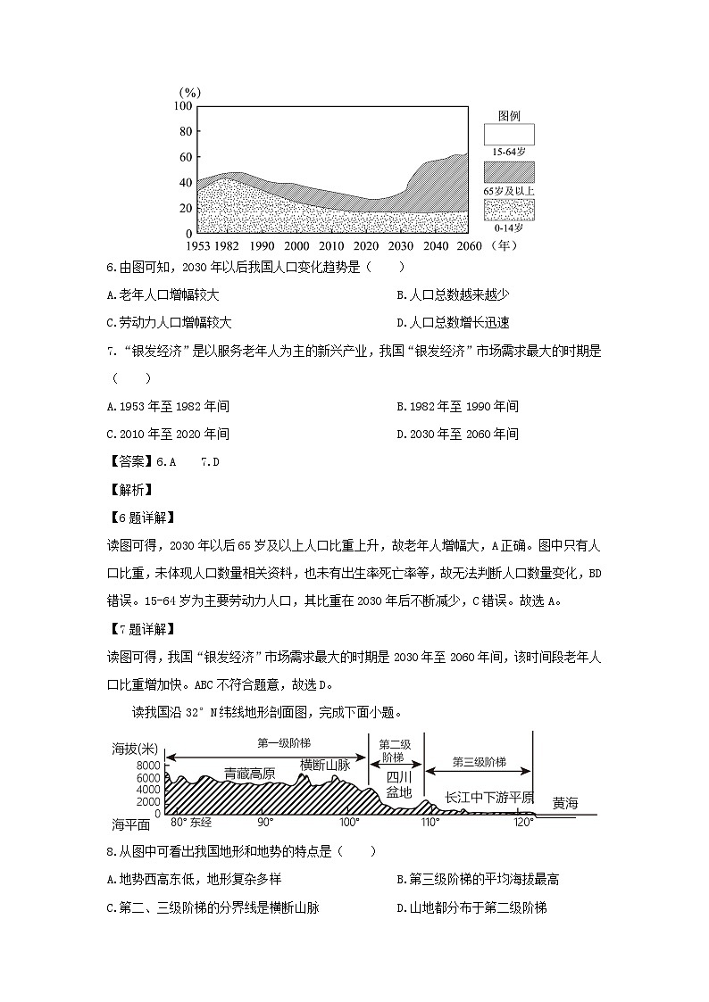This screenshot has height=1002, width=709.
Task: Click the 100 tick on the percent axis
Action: point(183,106)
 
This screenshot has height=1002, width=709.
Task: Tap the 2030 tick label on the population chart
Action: point(401,246)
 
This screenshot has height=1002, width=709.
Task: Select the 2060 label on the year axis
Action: point(470,246)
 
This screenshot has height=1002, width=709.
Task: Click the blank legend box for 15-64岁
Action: point(509,135)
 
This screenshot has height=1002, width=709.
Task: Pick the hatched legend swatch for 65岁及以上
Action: point(509,172)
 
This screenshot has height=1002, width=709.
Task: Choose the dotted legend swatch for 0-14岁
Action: point(509,210)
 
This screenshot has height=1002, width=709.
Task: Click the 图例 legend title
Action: point(509,116)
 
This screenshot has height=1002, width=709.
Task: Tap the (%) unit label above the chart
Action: point(189,92)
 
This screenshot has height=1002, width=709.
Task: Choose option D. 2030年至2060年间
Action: point(457,434)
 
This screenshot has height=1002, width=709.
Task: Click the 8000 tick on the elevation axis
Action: point(148,766)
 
